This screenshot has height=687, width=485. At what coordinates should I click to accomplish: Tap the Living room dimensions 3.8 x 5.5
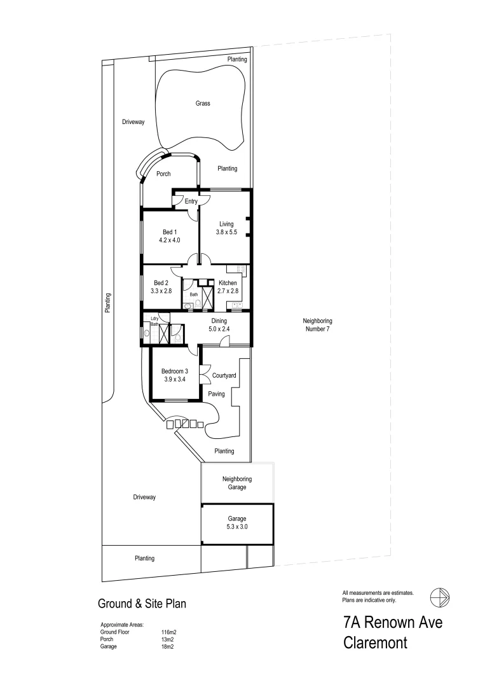click(227, 232)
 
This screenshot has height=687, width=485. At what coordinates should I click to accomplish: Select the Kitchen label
click(228, 282)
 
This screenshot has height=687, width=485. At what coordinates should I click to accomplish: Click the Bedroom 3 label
click(174, 371)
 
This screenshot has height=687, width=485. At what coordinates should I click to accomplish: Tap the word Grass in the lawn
click(203, 103)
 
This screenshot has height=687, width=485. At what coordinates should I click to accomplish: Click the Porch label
click(163, 174)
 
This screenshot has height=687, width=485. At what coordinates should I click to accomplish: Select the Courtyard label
click(224, 376)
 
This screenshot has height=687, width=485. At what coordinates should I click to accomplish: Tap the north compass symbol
click(440, 597)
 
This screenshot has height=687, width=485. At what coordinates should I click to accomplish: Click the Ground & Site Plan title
click(141, 602)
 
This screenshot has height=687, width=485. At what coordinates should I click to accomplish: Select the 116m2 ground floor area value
click(168, 632)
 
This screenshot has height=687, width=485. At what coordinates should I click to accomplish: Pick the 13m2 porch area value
click(167, 639)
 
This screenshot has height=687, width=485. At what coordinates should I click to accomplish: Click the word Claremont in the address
click(375, 642)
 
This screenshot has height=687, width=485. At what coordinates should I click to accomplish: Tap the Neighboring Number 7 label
click(317, 325)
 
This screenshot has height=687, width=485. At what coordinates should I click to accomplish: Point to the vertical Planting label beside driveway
click(109, 303)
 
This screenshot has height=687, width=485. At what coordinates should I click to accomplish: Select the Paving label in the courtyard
click(217, 394)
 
